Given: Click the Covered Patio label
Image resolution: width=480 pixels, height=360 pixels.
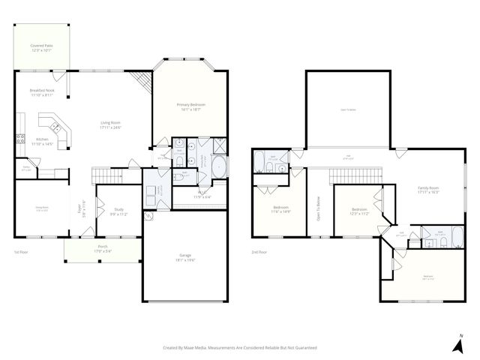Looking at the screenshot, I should pos(41,48).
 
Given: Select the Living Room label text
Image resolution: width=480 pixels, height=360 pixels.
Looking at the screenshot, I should pos(111,124).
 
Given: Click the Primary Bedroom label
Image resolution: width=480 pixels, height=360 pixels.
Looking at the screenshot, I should pos(190,106).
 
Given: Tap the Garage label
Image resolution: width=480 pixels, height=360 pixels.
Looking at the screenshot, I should pos(184,256).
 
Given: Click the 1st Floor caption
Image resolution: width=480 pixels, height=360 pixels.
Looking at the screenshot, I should pos(21,252).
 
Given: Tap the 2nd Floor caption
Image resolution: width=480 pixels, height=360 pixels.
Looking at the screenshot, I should pos(260,252).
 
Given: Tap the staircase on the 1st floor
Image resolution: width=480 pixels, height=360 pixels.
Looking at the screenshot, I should pos(106,177).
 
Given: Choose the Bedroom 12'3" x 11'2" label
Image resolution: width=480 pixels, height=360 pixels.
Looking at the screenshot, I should pos(359,211).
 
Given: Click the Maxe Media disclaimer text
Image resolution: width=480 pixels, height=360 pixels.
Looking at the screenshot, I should pos(240,348).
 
